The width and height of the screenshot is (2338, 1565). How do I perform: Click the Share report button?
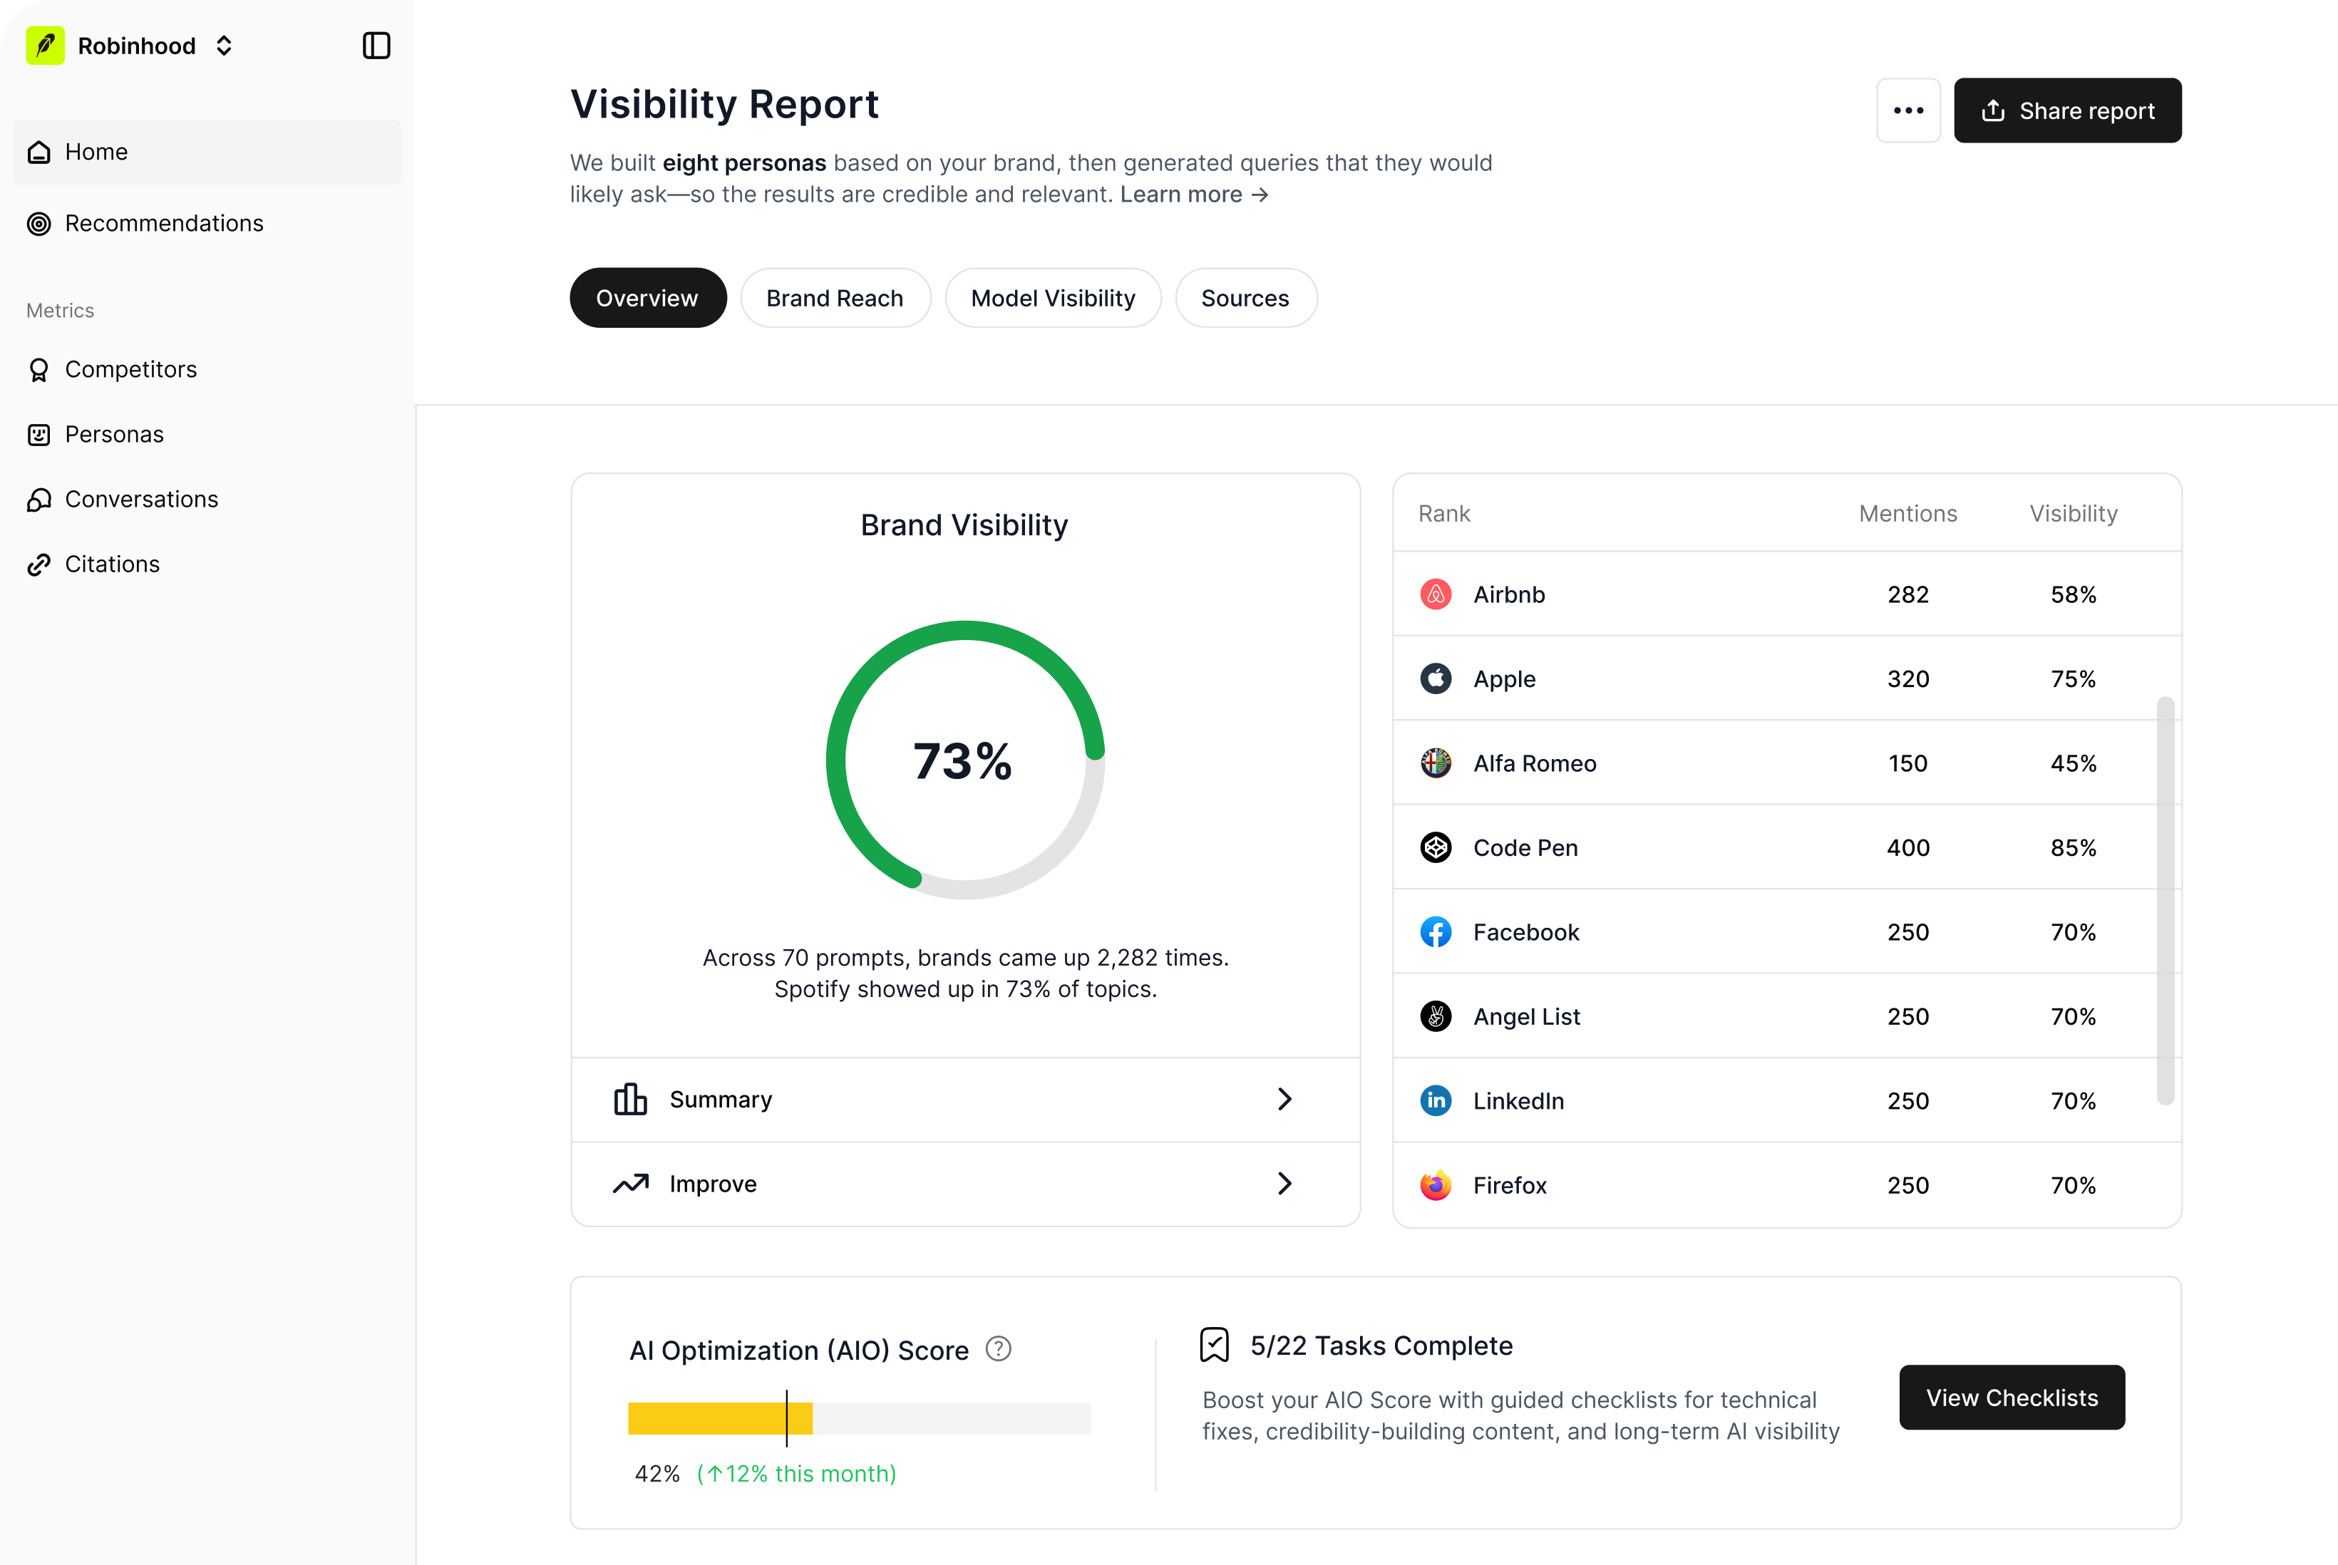click(2066, 110)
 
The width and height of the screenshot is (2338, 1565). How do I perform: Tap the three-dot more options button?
click(1907, 110)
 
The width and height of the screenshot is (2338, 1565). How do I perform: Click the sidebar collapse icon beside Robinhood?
click(376, 46)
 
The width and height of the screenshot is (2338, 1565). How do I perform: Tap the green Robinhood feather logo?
click(45, 46)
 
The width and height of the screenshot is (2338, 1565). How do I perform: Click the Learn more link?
click(1194, 195)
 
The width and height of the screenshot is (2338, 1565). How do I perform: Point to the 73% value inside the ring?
click(962, 762)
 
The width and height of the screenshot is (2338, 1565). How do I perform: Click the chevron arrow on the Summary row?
click(1284, 1099)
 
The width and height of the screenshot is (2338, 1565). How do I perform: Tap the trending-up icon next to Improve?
click(631, 1184)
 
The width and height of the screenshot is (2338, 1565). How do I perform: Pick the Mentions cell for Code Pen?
click(1907, 847)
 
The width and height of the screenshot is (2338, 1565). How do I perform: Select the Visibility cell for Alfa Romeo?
click(2074, 763)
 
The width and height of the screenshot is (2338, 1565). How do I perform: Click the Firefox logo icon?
click(1436, 1184)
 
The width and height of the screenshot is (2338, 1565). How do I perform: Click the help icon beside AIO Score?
click(999, 1349)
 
